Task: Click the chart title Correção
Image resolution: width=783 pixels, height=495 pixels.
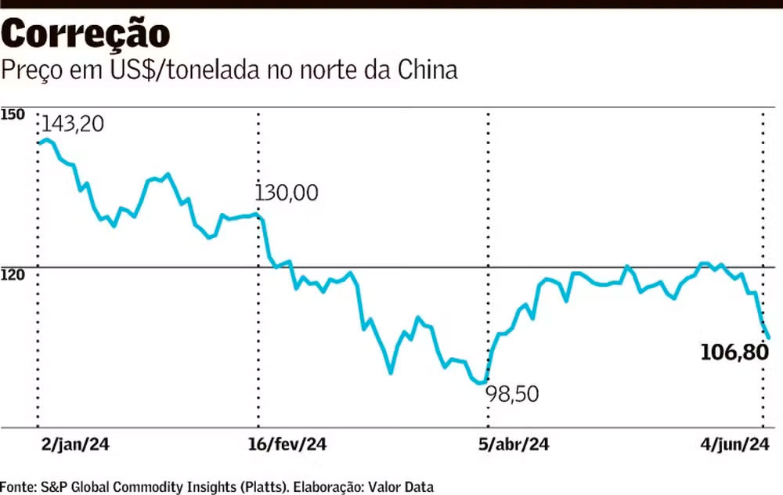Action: pyautogui.click(x=85, y=34)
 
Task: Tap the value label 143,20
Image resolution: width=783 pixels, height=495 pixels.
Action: pyautogui.click(x=72, y=124)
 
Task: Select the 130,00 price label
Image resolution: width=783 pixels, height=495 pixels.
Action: pyautogui.click(x=287, y=193)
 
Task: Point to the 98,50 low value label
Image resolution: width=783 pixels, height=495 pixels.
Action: pyautogui.click(x=513, y=394)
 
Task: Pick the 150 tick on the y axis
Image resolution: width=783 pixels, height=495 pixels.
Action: pyautogui.click(x=13, y=115)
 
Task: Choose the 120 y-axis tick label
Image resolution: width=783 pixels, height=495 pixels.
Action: pyautogui.click(x=13, y=275)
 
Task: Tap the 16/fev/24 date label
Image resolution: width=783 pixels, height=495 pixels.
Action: pyautogui.click(x=287, y=445)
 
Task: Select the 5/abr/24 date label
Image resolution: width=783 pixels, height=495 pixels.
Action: pyautogui.click(x=514, y=445)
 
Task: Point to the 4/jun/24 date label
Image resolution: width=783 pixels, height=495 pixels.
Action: pyautogui.click(x=734, y=445)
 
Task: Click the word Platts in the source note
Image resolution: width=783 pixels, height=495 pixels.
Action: pyautogui.click(x=262, y=486)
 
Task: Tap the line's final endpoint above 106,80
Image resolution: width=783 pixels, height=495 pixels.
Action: pyautogui.click(x=769, y=338)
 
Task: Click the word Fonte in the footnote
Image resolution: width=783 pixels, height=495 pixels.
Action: pyautogui.click(x=17, y=486)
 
